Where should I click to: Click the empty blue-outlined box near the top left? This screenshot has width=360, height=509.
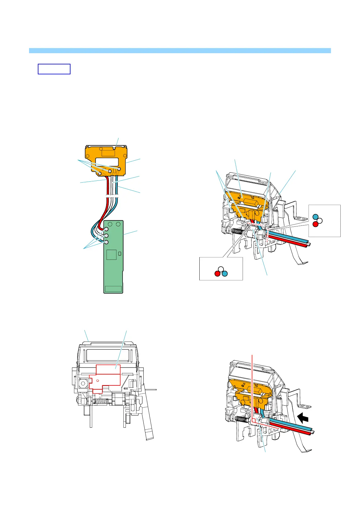click(54, 69)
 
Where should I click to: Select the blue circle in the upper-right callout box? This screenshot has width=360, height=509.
click(315, 217)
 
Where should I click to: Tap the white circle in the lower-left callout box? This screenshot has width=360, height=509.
click(221, 269)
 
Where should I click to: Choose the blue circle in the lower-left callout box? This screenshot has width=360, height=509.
click(225, 274)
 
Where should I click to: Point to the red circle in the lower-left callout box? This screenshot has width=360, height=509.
click(217, 274)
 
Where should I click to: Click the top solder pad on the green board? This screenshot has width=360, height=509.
click(106, 229)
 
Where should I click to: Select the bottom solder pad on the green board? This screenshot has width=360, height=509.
click(106, 242)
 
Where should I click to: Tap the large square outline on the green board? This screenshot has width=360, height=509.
click(112, 254)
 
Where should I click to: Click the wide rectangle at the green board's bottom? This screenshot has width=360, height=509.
click(113, 289)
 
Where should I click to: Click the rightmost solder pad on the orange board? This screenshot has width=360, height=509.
click(119, 169)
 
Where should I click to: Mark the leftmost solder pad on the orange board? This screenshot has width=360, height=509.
click(100, 173)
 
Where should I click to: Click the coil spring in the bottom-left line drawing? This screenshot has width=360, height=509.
click(100, 401)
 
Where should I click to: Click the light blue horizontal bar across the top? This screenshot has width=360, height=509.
click(180, 50)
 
